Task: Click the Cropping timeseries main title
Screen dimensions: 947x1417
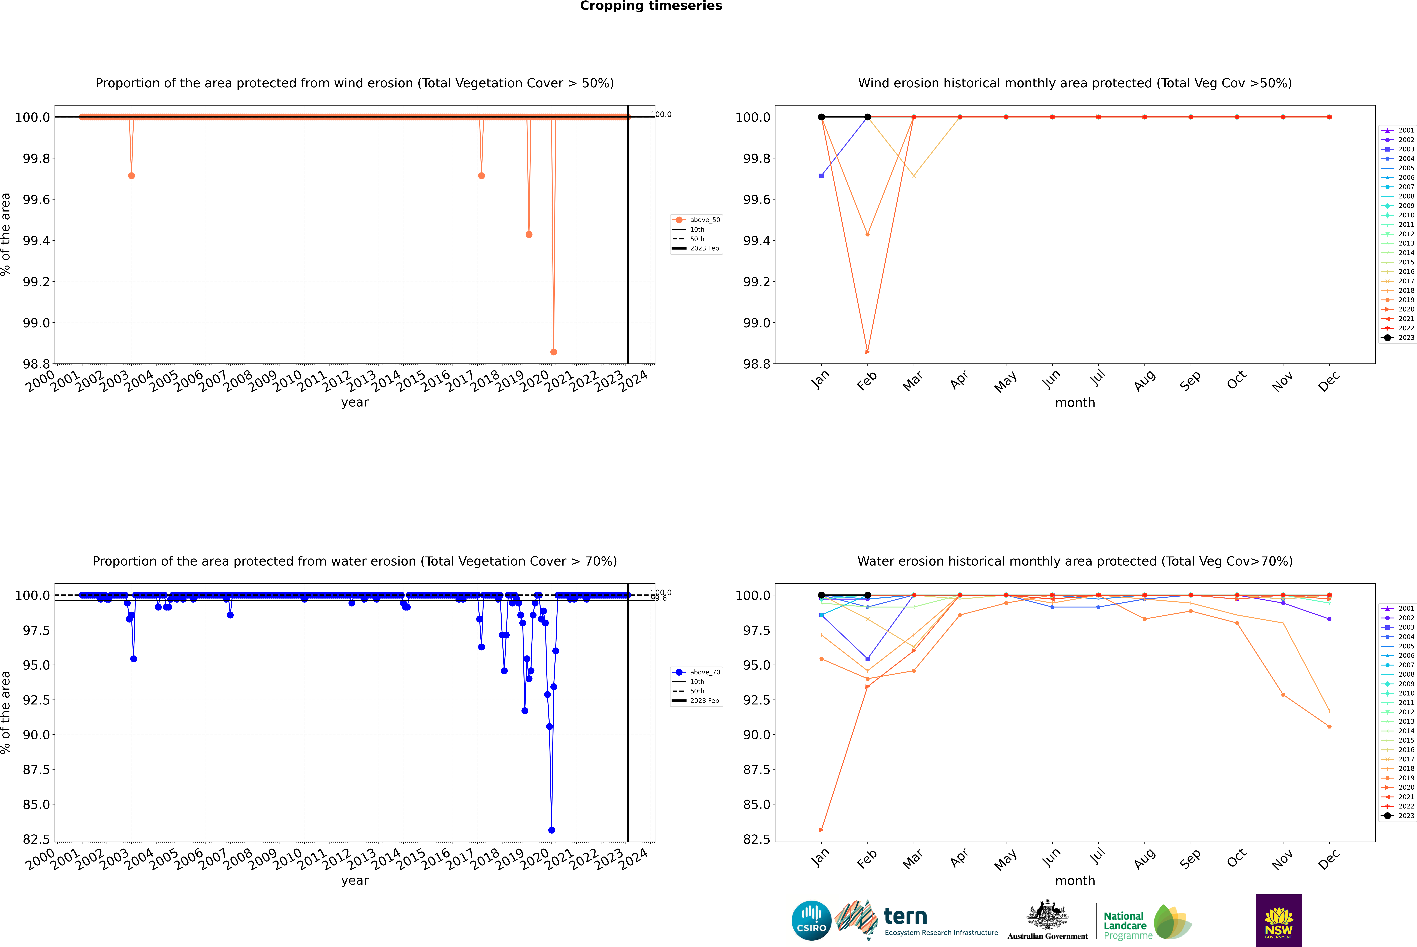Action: (x=651, y=6)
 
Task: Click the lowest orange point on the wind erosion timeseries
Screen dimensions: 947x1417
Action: (x=554, y=351)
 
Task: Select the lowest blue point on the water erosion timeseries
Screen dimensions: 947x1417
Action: (x=551, y=830)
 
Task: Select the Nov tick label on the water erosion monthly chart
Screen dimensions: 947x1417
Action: (x=1282, y=859)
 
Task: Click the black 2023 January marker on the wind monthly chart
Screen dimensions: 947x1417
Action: (x=821, y=117)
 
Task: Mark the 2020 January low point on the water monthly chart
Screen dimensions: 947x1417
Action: (x=821, y=830)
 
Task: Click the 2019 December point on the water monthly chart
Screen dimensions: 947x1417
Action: (x=1329, y=727)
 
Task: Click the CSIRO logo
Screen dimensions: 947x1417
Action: (x=811, y=920)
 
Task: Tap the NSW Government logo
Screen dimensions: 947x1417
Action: (x=1279, y=920)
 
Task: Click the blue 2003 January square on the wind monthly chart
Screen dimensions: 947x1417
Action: (x=821, y=176)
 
